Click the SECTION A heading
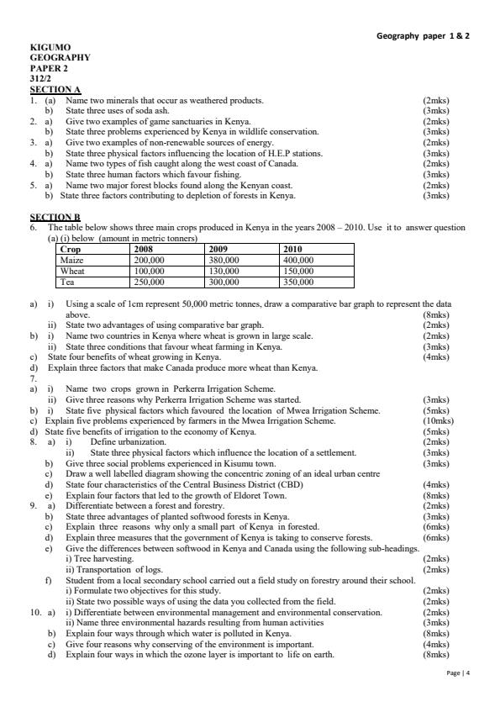[55, 89]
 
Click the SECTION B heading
[55, 217]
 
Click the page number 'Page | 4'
[458, 673]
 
